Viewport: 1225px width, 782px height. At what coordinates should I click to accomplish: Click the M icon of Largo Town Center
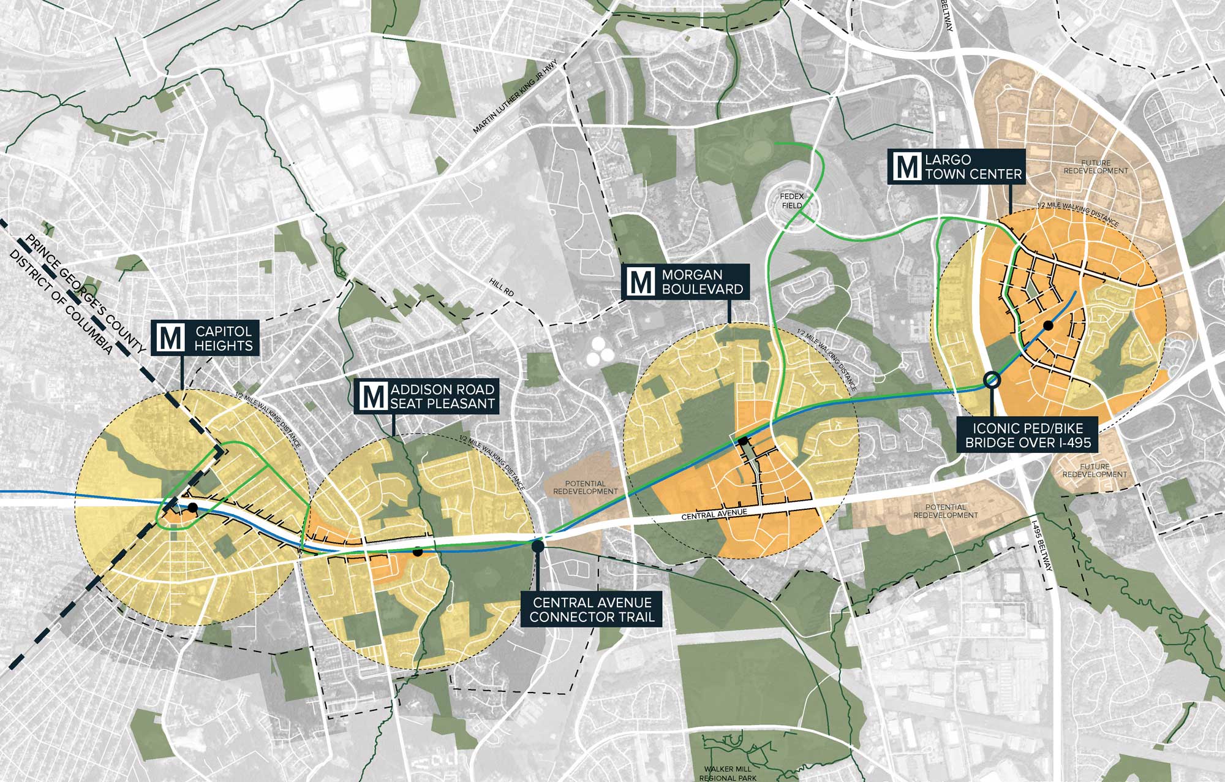click(906, 167)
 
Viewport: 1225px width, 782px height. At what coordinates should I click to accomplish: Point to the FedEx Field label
click(791, 201)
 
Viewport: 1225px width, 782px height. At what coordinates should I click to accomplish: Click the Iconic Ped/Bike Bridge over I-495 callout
click(1028, 435)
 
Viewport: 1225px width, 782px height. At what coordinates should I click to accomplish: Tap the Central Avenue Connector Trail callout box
click(592, 610)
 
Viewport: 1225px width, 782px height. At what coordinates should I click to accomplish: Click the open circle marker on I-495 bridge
click(992, 380)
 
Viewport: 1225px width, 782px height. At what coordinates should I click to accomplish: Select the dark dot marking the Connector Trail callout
click(538, 545)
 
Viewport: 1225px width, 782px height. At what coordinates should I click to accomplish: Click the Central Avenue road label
click(714, 514)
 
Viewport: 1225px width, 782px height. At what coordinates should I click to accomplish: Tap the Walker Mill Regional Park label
click(728, 773)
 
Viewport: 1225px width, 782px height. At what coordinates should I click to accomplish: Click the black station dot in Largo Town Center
click(1048, 325)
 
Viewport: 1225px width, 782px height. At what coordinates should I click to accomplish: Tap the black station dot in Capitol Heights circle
click(193, 507)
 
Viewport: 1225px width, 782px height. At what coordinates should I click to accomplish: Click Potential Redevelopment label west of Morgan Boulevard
click(585, 488)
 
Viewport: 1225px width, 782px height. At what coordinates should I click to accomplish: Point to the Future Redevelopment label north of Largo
click(1096, 167)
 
